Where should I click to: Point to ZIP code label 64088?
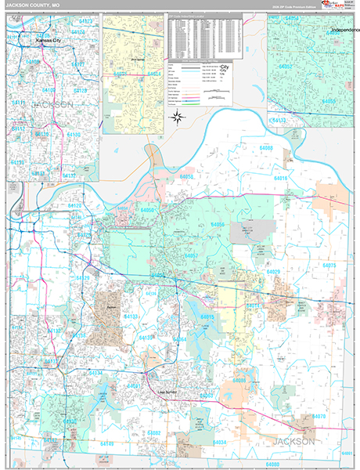click(267, 148)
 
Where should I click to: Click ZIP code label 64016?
click(280, 179)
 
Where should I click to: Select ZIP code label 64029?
click(273, 272)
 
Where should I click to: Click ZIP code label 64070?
click(319, 417)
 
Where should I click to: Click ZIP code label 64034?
click(220, 443)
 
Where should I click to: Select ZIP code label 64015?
click(207, 316)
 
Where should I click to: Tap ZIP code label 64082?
click(154, 433)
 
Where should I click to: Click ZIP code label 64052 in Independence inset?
click(286, 67)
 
